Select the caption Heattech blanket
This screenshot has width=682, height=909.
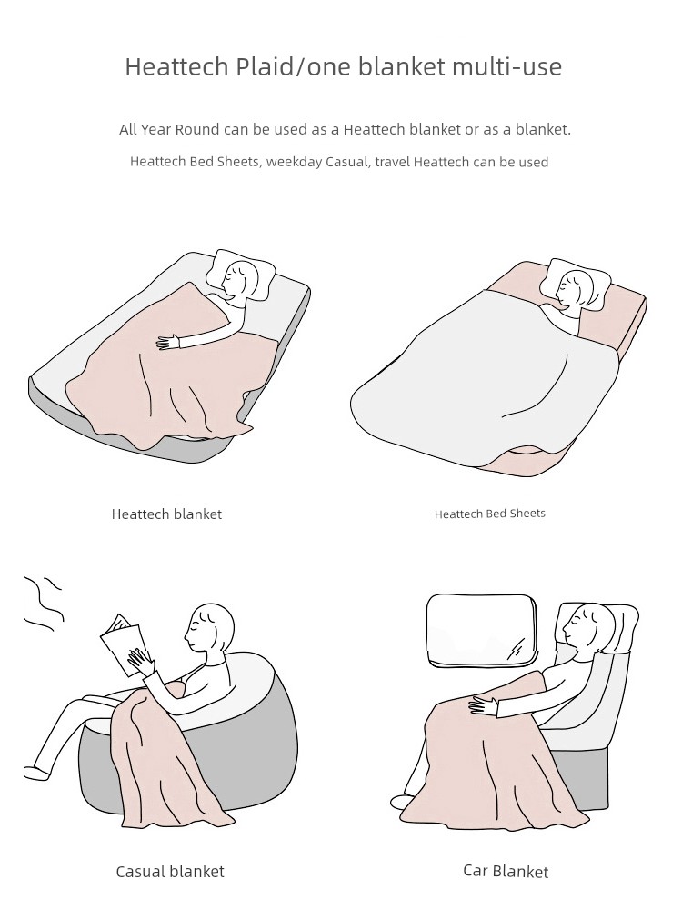pyautogui.click(x=166, y=514)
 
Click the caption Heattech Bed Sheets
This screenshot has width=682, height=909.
pyautogui.click(x=490, y=514)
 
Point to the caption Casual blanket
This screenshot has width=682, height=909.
pyautogui.click(x=170, y=872)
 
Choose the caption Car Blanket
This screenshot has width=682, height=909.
pyautogui.click(x=506, y=871)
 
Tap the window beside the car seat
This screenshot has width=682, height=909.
pyautogui.click(x=482, y=628)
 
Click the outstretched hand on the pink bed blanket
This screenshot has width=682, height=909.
pyautogui.click(x=169, y=342)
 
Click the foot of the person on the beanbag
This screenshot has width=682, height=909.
pyautogui.click(x=36, y=772)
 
